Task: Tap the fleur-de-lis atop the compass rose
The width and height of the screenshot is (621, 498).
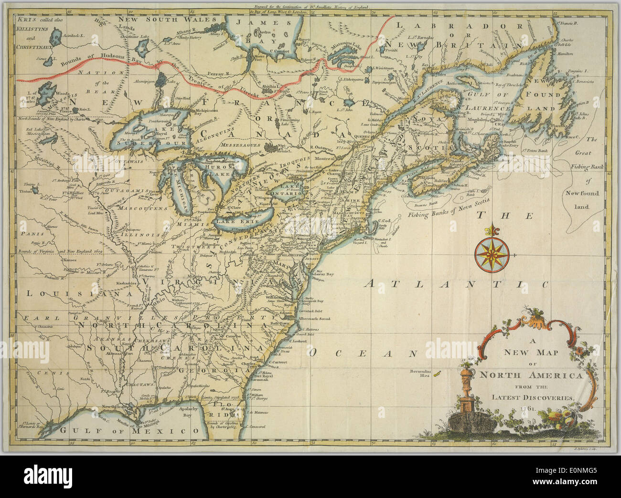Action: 492,231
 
